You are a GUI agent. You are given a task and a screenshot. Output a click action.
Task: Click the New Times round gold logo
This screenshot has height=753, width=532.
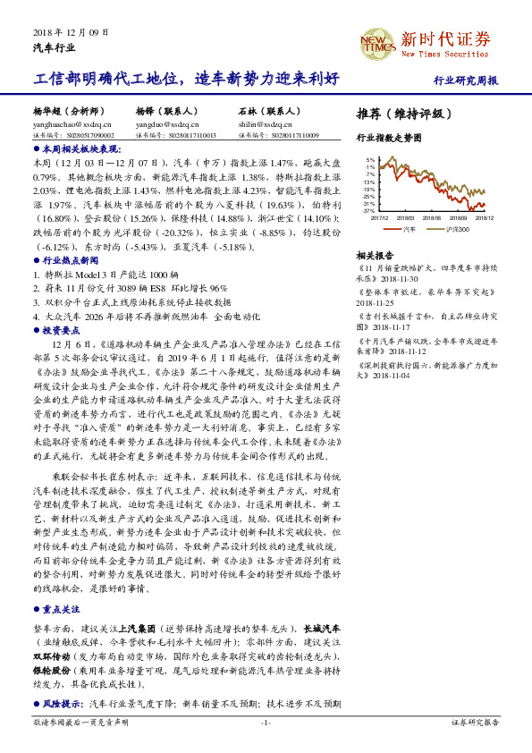coord(375,41)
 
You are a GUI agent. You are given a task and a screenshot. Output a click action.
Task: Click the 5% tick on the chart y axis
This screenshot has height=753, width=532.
coord(369,160)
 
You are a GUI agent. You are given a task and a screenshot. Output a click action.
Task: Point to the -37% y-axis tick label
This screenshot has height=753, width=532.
coord(368,210)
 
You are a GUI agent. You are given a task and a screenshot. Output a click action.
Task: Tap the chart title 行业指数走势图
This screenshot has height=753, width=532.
coord(388,139)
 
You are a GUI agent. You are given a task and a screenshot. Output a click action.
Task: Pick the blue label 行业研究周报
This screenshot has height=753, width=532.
coord(466,80)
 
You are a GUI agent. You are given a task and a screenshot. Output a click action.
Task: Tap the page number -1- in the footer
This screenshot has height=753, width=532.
coord(266,722)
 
